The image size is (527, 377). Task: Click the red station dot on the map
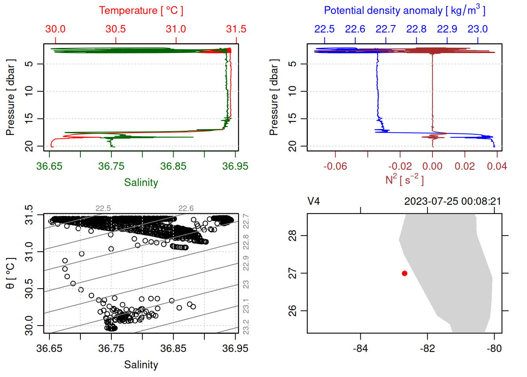pyautogui.click(x=404, y=273)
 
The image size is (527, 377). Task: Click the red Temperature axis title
pyautogui.click(x=141, y=11)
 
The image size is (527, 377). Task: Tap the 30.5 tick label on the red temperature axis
pyautogui.click(x=116, y=29)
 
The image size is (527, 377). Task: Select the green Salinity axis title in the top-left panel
pyautogui.click(x=141, y=183)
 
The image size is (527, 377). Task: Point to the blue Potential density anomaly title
pyautogui.click(x=404, y=11)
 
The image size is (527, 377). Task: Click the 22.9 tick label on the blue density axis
pyautogui.click(x=447, y=29)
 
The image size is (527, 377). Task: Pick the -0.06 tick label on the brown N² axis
pyautogui.click(x=335, y=167)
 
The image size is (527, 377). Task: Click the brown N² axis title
pyautogui.click(x=404, y=179)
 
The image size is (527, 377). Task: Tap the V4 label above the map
pyautogui.click(x=314, y=201)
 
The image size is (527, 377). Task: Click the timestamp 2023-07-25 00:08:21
pyautogui.click(x=452, y=201)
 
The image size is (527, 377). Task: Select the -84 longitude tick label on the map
pyautogui.click(x=360, y=348)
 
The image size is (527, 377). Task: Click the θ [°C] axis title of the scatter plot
pyautogui.click(x=11, y=273)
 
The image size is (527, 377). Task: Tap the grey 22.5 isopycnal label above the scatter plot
pyautogui.click(x=103, y=209)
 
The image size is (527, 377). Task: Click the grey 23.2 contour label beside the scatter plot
pyautogui.click(x=246, y=327)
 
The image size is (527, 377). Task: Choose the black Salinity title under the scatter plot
pyautogui.click(x=141, y=365)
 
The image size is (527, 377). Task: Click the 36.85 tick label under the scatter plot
pyautogui.click(x=173, y=348)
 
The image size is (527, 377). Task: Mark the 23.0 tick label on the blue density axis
pyautogui.click(x=478, y=29)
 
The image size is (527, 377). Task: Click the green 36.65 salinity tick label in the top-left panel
pyautogui.click(x=49, y=167)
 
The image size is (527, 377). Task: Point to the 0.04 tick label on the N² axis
pyautogui.click(x=497, y=167)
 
